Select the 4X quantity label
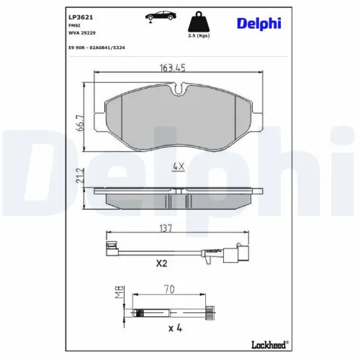[178, 167]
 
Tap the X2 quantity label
[161, 264]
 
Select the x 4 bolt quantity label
[173, 329]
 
